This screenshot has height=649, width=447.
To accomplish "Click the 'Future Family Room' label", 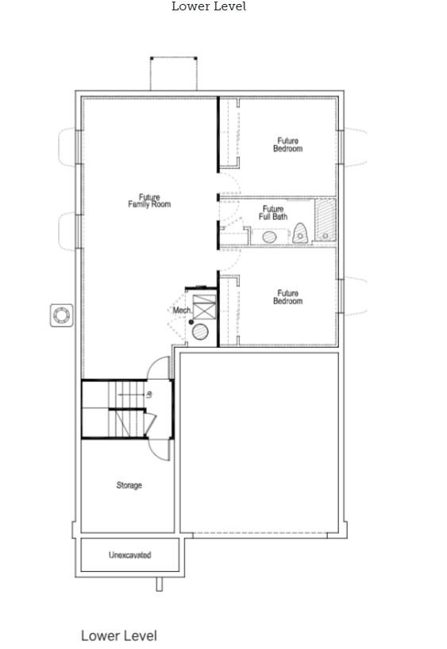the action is tap(149, 201).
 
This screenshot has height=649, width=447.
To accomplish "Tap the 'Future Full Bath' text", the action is tap(273, 213).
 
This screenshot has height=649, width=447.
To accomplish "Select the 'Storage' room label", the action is tap(129, 485).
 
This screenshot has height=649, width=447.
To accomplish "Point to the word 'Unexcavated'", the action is tap(130, 555).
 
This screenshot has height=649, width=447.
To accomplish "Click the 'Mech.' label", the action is tap(182, 310).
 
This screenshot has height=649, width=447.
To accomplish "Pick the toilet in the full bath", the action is tap(300, 234).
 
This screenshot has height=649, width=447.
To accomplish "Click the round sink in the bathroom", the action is tap(269, 238).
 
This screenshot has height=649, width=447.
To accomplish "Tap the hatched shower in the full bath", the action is tap(326, 220).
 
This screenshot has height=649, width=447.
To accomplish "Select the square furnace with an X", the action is tap(205, 307).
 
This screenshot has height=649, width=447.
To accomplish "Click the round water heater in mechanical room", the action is tap(201, 332).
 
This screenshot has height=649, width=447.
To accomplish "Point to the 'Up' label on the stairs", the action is tap(149, 395).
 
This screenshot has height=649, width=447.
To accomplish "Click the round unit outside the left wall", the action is tap(62, 316).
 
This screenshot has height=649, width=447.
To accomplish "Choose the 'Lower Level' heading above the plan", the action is tap(209, 6).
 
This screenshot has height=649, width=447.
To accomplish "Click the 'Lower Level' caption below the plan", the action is tap(119, 635).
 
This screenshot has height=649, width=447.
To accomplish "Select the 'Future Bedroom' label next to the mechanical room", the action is tap(287, 297).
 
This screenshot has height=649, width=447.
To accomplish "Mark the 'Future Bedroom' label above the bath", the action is tap(287, 145).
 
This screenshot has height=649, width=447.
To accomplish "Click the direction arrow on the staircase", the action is tap(130, 396).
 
